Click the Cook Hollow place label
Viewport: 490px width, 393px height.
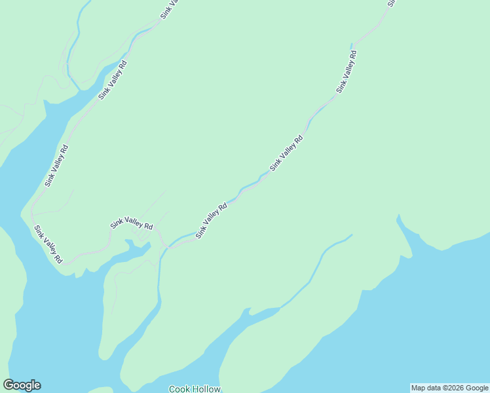[x=195, y=389]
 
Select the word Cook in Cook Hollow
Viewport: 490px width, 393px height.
[x=179, y=389]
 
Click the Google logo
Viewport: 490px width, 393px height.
[x=22, y=385]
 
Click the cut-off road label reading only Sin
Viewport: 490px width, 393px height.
[x=390, y=3]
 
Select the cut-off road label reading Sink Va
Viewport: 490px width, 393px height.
[x=169, y=9]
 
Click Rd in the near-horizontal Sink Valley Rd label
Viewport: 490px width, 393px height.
[x=148, y=227]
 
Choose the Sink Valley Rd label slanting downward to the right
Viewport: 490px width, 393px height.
[x=48, y=244]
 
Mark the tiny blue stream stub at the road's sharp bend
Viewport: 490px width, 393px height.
[x=351, y=46]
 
